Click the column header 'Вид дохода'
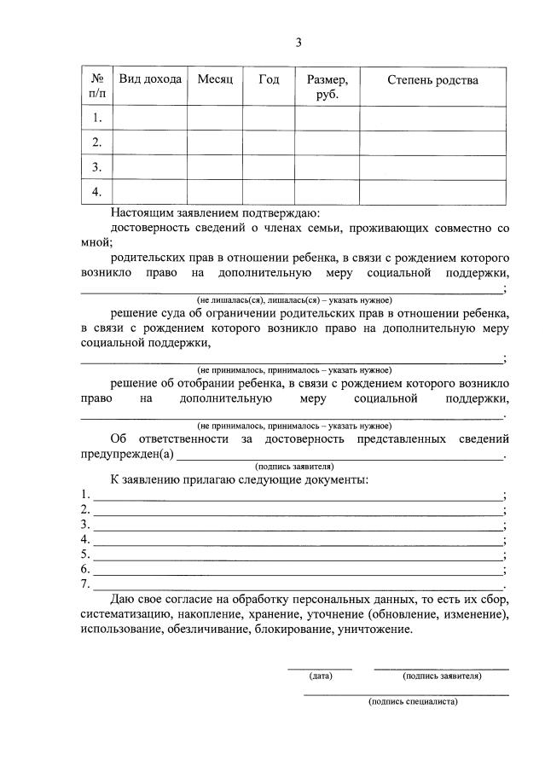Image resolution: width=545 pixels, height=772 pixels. pos(150,79)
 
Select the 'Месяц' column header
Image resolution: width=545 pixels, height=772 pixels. pos(215,79)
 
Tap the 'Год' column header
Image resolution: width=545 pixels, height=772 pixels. pos(269,79)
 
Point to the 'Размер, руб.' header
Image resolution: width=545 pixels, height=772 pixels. pos(327,86)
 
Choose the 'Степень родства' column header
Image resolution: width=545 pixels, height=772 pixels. pos(432,79)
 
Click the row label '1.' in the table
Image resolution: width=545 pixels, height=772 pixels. pos(97,118)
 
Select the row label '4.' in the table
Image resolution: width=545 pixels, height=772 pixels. pos(97,191)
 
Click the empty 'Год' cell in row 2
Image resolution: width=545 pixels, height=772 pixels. pos(269,142)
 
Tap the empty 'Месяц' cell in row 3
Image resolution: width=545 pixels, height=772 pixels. pos(215,166)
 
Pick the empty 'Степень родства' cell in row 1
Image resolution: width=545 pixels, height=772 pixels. pos(432,118)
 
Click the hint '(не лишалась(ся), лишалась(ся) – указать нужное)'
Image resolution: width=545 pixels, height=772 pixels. pos(294,300)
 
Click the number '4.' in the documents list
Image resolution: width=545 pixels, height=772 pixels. pos(85,539)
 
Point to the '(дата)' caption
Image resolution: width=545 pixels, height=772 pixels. pos(321,676)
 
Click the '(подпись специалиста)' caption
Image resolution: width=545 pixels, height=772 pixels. pos(413,701)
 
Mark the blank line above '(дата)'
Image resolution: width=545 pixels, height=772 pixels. pos(319,668)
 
